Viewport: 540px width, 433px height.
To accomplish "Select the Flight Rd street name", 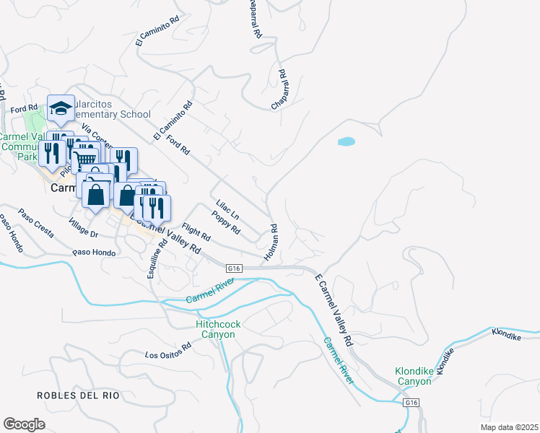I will pyautogui.click(x=196, y=232).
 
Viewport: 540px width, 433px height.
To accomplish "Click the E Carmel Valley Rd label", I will pyautogui.click(x=334, y=309).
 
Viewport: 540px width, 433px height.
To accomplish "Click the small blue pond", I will pyautogui.click(x=347, y=142).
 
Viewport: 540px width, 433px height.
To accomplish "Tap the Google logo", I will pyautogui.click(x=24, y=424).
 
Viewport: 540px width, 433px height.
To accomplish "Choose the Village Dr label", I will pyautogui.click(x=84, y=228).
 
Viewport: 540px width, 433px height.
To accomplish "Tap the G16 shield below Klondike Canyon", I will pyautogui.click(x=411, y=402).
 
